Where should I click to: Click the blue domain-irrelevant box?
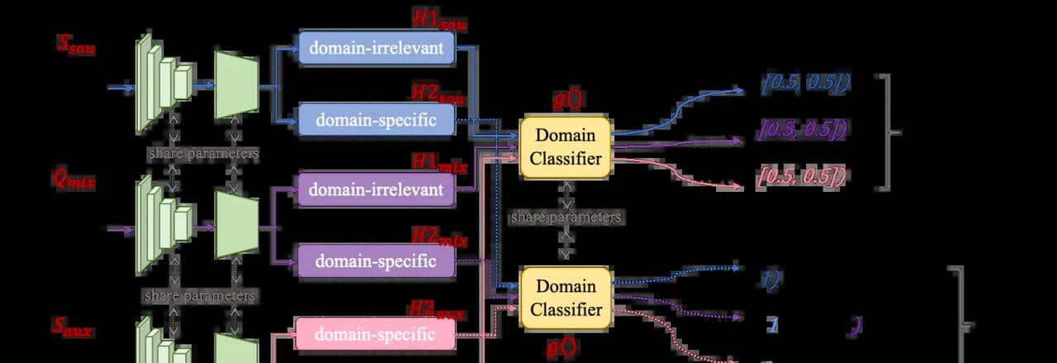click(376, 48)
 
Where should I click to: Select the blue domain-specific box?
click(376, 119)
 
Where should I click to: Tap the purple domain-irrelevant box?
click(376, 190)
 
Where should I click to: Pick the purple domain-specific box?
click(376, 261)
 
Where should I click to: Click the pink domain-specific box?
click(375, 334)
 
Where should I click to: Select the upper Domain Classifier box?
click(566, 147)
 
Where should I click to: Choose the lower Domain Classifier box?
click(566, 298)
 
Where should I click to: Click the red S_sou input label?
click(76, 46)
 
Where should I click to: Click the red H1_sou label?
click(440, 19)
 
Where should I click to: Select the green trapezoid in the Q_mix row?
click(237, 224)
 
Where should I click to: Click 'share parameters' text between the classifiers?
click(566, 217)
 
